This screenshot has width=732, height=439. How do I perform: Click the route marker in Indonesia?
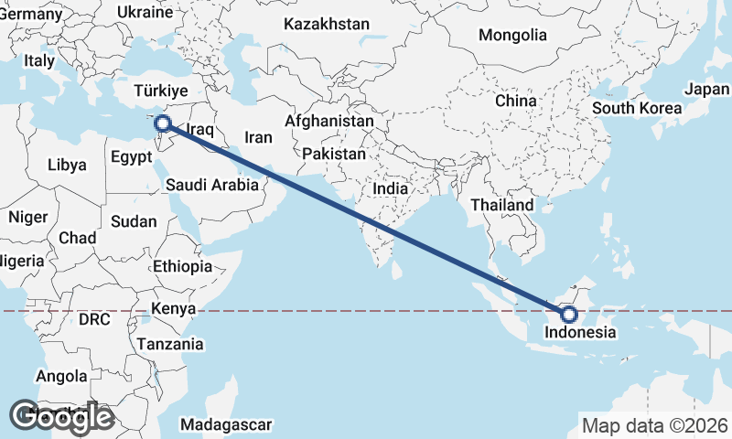[x=569, y=315]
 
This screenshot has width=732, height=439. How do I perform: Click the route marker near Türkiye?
[x=163, y=123]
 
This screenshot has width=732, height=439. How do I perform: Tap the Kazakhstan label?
[x=327, y=24]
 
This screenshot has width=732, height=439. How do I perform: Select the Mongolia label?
[x=512, y=36]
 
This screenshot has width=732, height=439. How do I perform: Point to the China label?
[x=515, y=100]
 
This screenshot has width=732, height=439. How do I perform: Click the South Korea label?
[x=637, y=107]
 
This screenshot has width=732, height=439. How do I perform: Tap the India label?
[x=391, y=188]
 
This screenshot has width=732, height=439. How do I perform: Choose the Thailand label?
[x=501, y=206]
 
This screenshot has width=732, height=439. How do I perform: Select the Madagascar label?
[x=226, y=425]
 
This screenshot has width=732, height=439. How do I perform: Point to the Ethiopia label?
[x=183, y=266]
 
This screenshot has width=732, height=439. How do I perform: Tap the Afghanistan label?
[x=329, y=121]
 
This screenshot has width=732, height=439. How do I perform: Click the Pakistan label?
[x=334, y=154]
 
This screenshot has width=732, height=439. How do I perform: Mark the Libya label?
[x=67, y=166]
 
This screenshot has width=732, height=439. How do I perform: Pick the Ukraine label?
[x=145, y=13]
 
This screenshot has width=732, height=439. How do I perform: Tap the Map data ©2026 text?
[x=655, y=425]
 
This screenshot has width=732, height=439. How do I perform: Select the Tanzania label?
[x=169, y=344]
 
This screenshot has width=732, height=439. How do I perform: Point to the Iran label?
[x=259, y=137]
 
